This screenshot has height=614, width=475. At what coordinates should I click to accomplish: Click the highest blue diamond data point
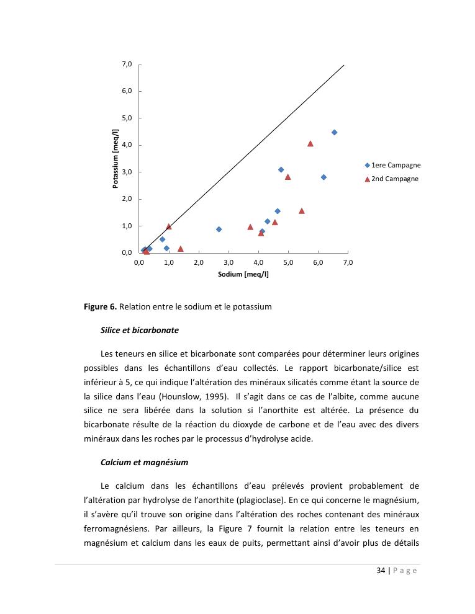(x=334, y=132)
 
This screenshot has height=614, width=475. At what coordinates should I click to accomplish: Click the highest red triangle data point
(x=310, y=143)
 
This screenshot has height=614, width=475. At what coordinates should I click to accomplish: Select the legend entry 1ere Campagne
(x=392, y=165)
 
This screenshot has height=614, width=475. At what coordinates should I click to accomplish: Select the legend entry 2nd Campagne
(x=391, y=179)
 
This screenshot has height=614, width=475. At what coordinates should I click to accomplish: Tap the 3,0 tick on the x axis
(x=228, y=263)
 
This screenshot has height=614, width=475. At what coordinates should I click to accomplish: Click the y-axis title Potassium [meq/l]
(x=115, y=159)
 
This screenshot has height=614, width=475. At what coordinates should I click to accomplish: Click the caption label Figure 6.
(x=101, y=306)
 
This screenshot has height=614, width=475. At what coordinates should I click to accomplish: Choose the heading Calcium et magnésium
(x=144, y=462)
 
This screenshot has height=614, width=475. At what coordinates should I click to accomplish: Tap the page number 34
(x=381, y=571)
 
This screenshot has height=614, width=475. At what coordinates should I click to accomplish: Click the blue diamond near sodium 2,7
(x=219, y=229)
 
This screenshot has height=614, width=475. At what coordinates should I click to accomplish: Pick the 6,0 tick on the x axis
(x=318, y=263)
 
